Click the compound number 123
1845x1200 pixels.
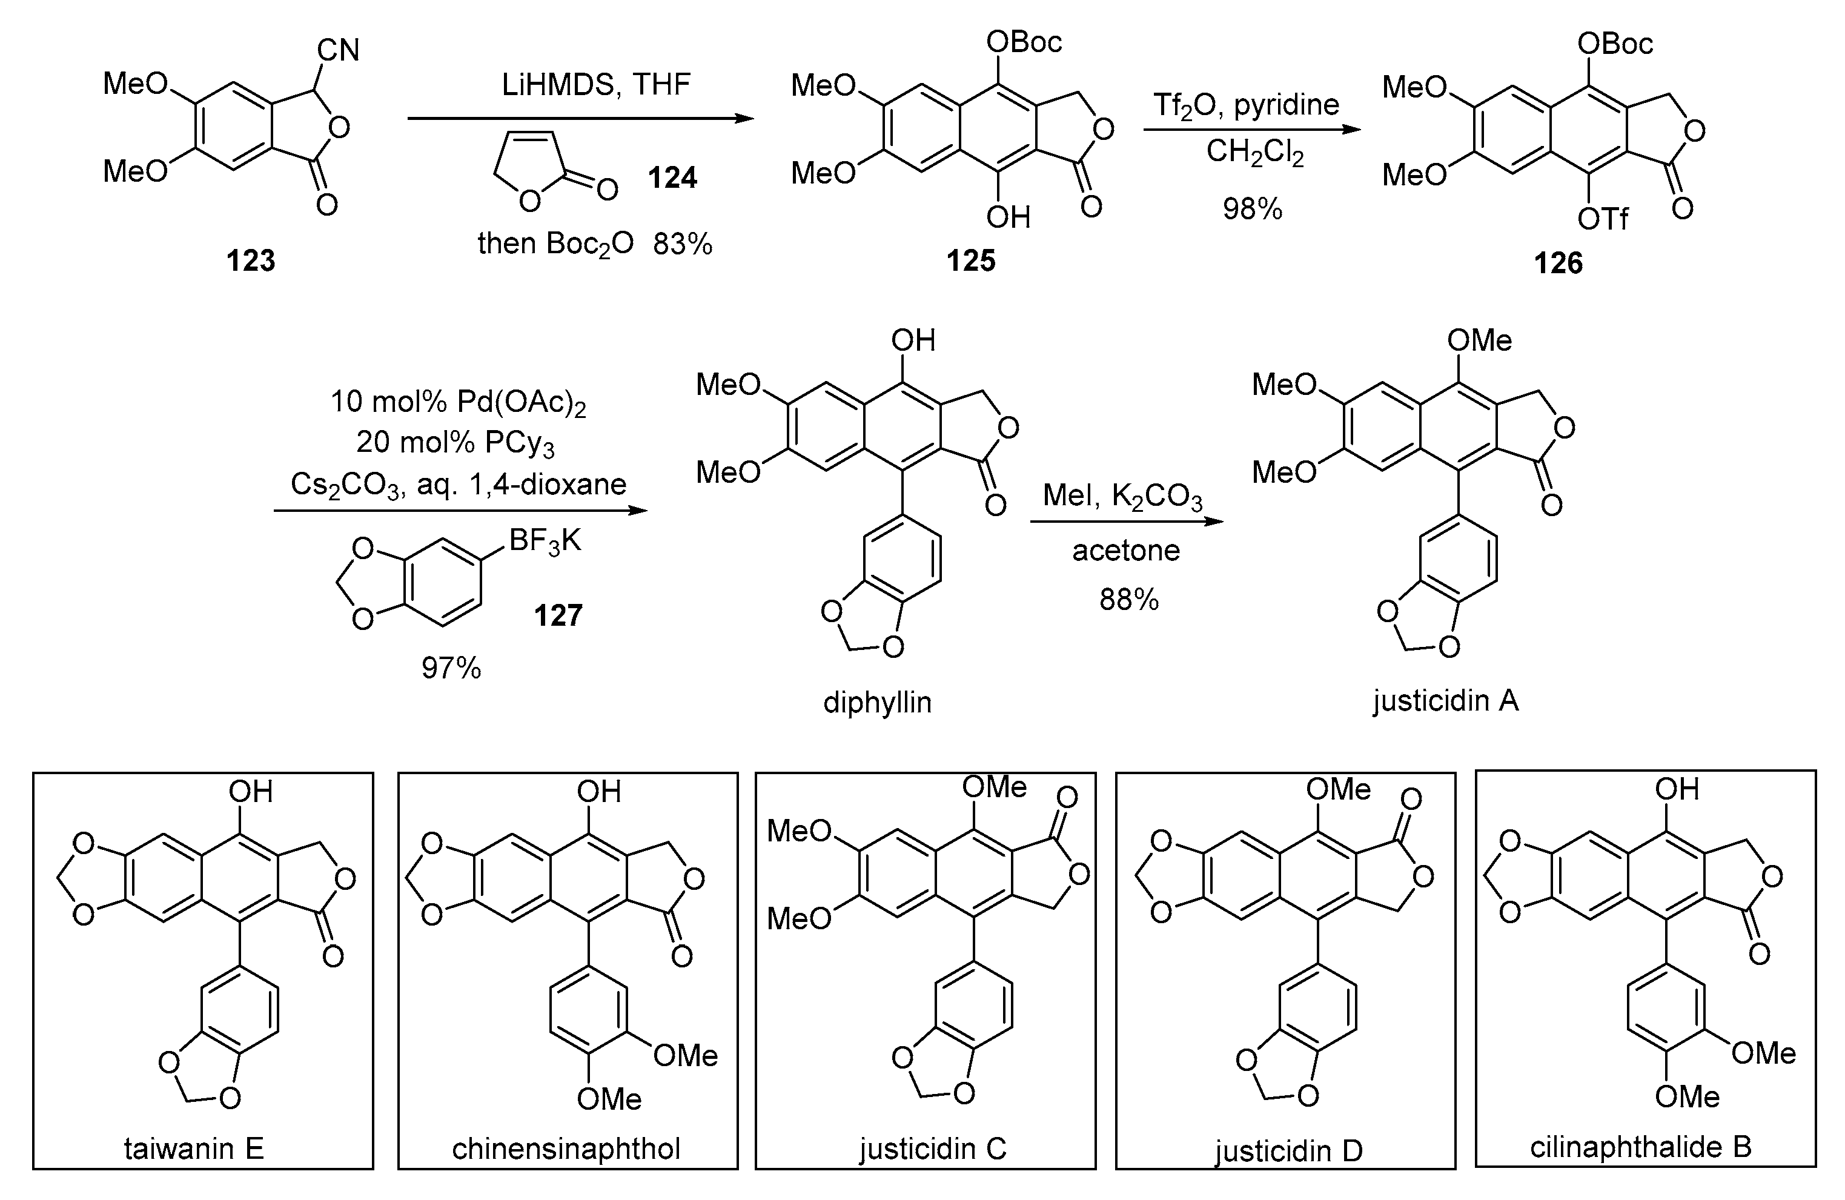tap(250, 261)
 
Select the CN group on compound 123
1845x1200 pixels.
tap(338, 51)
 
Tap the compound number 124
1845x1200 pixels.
tap(672, 178)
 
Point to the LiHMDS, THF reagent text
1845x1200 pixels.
tap(595, 84)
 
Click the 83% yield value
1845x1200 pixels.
tap(682, 244)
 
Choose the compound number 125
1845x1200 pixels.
tap(970, 261)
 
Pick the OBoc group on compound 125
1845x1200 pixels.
tap(1023, 42)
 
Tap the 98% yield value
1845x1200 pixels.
tap(1253, 210)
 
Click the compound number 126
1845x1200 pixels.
tap(1558, 264)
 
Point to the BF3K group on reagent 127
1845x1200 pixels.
tap(545, 541)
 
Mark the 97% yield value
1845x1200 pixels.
tap(451, 668)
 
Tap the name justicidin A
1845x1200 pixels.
tap(1446, 701)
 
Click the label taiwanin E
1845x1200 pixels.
tap(194, 1148)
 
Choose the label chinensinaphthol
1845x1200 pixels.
tap(566, 1148)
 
